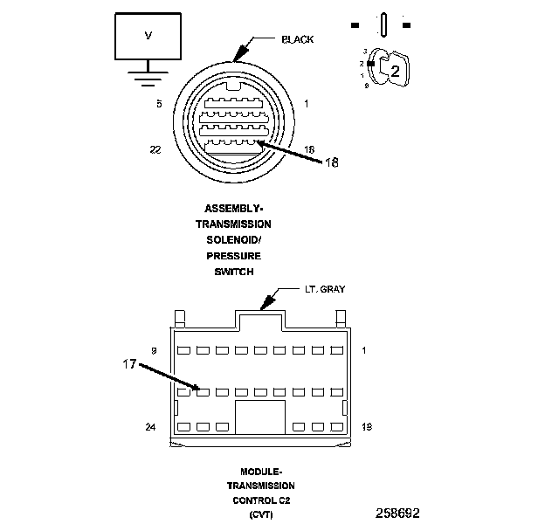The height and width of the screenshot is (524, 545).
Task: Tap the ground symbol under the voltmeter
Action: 148,78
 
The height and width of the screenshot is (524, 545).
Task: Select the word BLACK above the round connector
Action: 297,39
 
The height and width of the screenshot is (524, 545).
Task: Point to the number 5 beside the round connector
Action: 159,103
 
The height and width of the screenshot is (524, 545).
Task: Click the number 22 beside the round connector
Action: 156,149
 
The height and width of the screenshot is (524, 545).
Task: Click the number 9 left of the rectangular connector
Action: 154,350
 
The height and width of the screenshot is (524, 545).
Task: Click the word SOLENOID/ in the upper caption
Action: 233,240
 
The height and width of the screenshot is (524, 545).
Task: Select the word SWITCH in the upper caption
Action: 233,272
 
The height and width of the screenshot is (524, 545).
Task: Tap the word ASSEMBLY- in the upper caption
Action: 233,209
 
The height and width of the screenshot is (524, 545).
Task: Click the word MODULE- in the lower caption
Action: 260,471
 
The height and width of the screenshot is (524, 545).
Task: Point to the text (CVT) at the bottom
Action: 260,515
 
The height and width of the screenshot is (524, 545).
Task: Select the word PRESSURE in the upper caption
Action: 233,256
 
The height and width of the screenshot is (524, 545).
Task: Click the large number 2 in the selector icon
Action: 394,72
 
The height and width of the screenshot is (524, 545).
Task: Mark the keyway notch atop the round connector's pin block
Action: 233,86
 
